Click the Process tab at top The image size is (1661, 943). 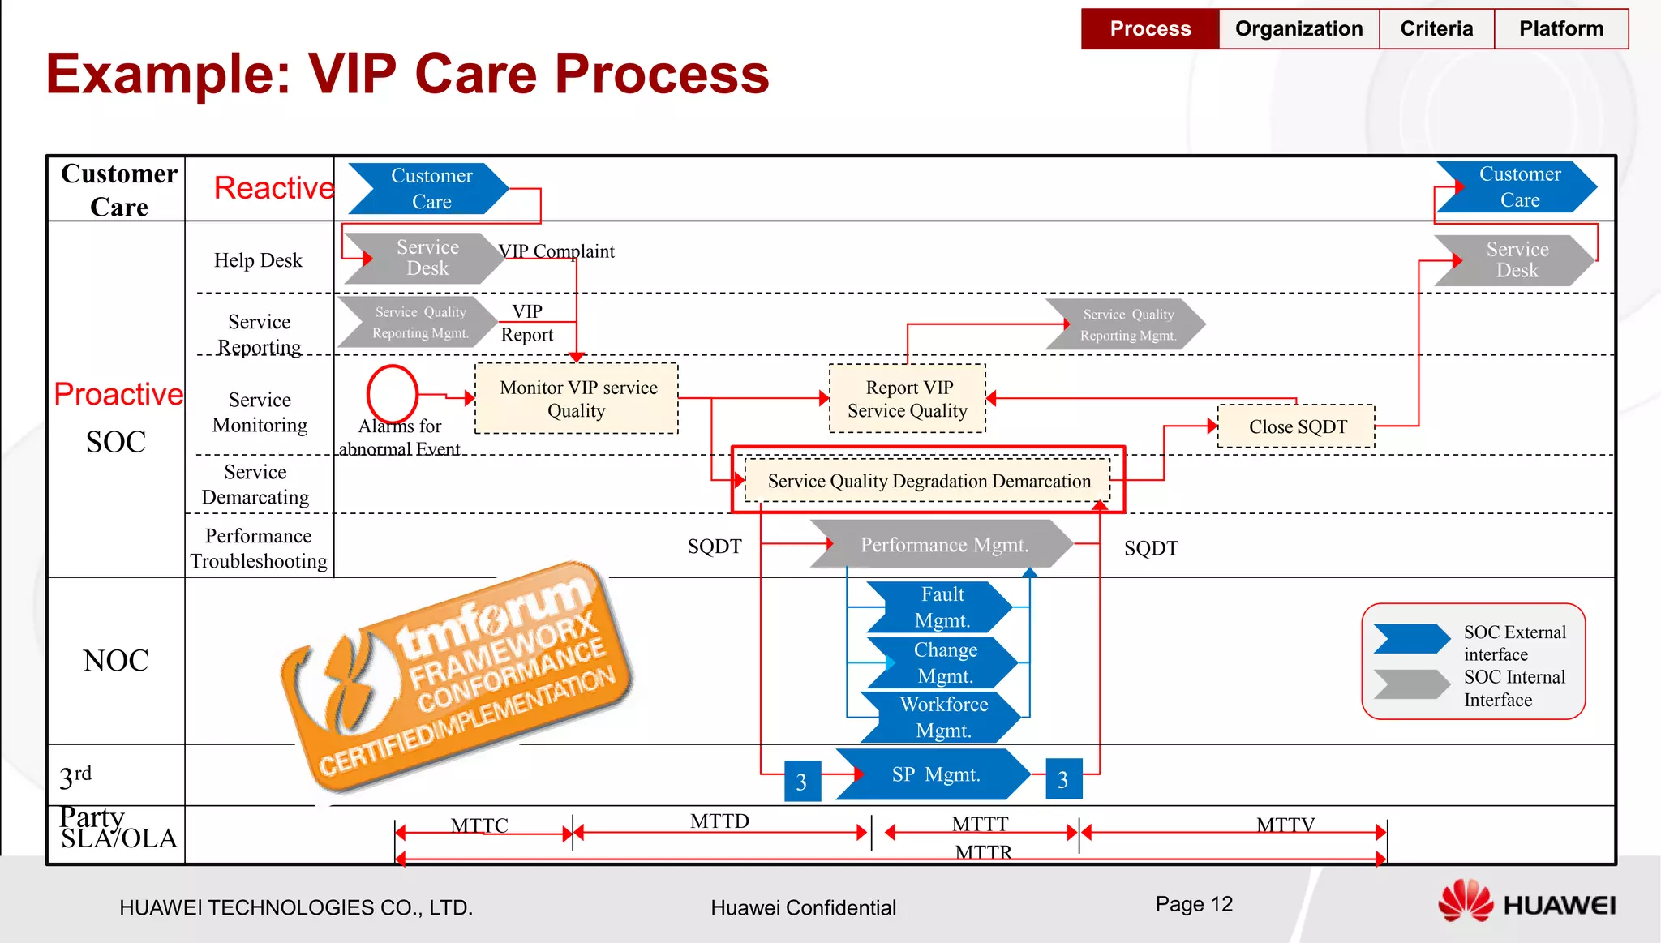point(1150,29)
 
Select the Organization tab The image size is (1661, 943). point(1298,29)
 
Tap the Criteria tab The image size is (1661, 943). point(1436,29)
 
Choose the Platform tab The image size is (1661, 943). point(1561,29)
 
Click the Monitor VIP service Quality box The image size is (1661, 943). point(577,398)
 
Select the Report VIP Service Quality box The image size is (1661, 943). point(908,399)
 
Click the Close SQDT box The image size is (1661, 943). point(1297,426)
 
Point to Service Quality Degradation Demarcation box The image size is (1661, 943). point(928,481)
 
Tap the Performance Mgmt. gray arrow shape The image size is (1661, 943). point(942,544)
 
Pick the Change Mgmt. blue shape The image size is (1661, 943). point(942,662)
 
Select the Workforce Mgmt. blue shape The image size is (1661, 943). point(942,717)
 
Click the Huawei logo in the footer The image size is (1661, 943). point(1526,902)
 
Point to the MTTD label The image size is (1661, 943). point(719,821)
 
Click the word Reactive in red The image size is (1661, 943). point(274,188)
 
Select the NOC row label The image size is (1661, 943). point(116,661)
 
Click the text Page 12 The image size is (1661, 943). point(1194,904)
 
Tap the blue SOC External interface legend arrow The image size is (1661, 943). point(1412,638)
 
